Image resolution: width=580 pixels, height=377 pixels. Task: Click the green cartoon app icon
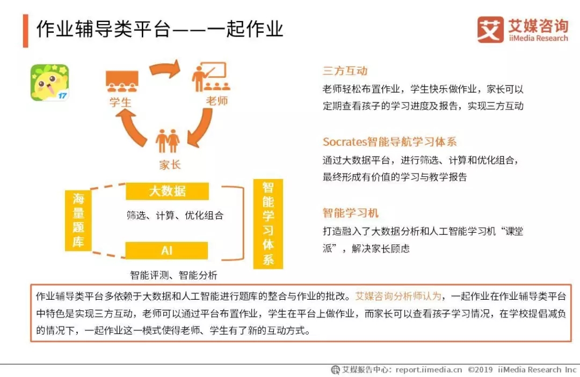[49, 83]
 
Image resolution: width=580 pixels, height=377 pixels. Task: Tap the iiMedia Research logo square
[490, 29]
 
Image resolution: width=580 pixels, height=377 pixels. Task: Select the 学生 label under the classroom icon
[120, 102]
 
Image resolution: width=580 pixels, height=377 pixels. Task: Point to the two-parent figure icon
[168, 141]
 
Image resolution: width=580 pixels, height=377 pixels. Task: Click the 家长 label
[170, 165]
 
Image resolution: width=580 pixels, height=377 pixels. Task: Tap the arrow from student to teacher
[165, 69]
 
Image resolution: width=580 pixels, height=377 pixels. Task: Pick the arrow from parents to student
[132, 128]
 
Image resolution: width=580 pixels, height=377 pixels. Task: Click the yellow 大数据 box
[167, 191]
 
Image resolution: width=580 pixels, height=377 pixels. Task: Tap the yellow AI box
[166, 250]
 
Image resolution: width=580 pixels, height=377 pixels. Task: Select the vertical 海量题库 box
[78, 220]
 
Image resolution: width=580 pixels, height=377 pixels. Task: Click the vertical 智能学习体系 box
[268, 224]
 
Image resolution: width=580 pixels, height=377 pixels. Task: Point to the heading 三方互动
[345, 71]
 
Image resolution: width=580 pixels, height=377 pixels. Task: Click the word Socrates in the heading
[345, 142]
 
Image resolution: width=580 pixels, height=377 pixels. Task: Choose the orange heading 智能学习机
[351, 213]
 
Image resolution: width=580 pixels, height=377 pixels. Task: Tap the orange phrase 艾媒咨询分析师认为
[398, 296]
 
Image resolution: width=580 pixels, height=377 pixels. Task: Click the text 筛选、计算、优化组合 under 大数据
[175, 215]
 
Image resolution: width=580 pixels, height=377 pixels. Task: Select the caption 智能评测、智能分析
[174, 275]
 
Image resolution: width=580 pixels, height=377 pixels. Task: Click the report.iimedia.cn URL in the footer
[429, 369]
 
